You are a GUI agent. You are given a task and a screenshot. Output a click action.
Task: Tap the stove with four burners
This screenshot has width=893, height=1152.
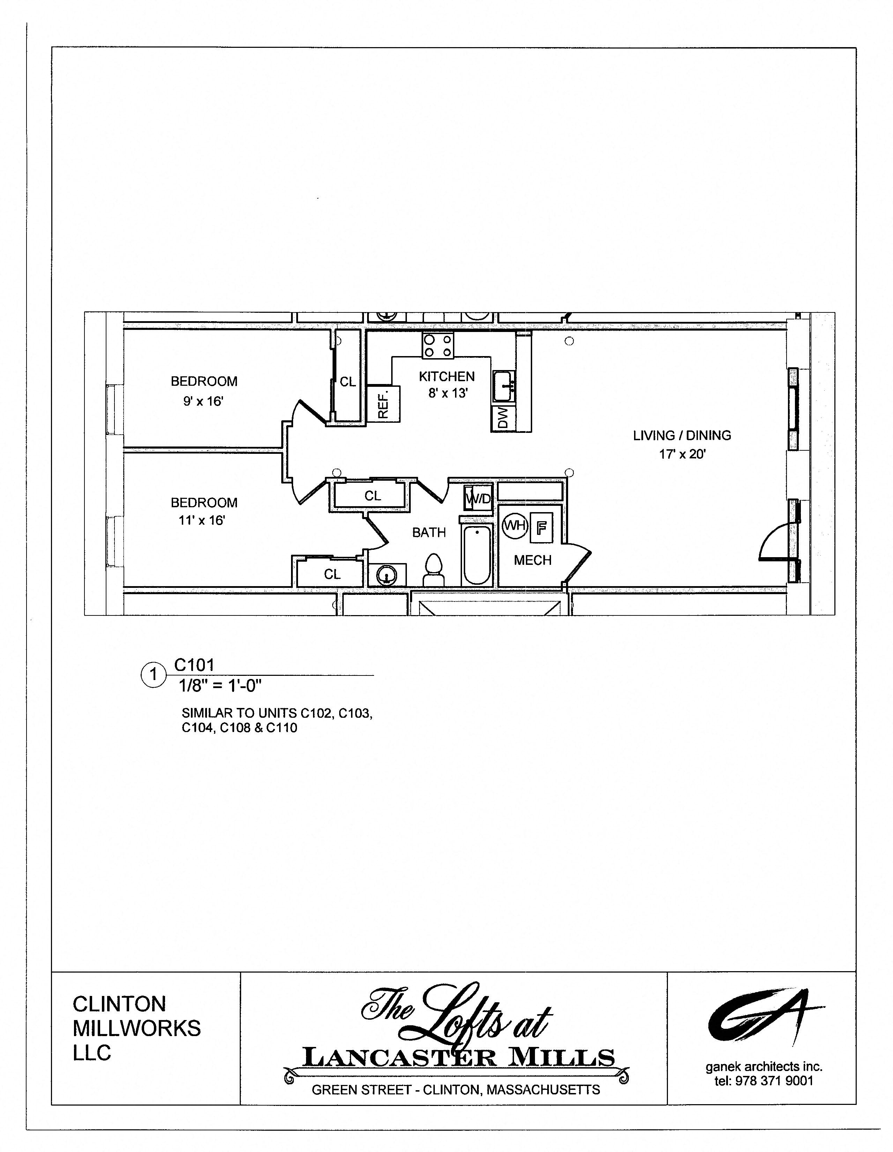[438, 346]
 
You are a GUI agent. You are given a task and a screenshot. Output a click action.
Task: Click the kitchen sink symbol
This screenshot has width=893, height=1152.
[504, 386]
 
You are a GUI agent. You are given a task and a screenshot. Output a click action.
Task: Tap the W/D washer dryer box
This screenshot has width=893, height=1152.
[478, 498]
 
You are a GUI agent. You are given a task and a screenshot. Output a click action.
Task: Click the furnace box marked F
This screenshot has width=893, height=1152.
[541, 527]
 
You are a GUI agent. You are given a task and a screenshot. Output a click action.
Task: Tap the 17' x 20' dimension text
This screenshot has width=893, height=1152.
[682, 454]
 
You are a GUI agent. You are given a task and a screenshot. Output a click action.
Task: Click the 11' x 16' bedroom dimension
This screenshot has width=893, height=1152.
[202, 520]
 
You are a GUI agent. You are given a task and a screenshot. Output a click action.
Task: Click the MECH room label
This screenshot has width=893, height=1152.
[533, 560]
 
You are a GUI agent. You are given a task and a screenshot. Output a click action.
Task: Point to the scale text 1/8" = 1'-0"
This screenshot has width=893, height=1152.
[220, 686]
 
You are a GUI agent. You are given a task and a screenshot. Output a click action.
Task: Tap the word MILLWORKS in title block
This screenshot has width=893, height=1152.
[136, 1028]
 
